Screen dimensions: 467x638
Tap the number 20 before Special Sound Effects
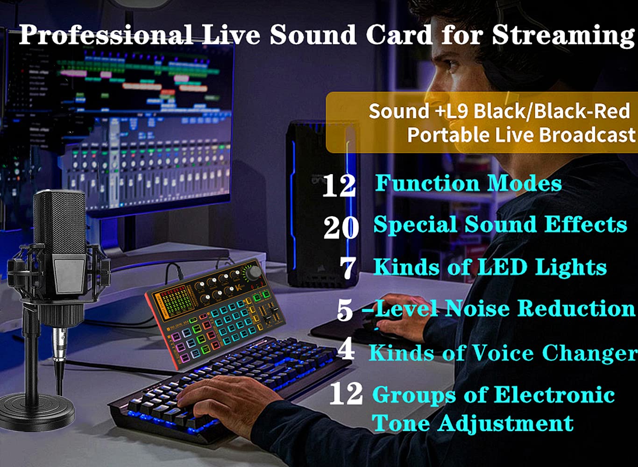(x=341, y=227)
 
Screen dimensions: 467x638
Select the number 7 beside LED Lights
(x=348, y=268)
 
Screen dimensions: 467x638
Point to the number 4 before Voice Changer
(x=346, y=350)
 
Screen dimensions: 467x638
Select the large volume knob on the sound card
(x=254, y=272)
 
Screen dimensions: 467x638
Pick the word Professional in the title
(x=105, y=35)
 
